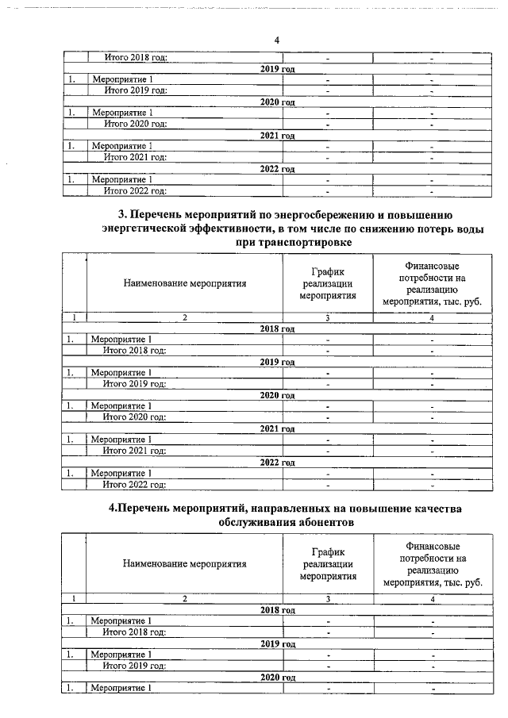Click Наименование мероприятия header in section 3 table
click(184, 282)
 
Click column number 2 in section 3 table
click(184, 318)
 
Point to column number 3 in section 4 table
click(327, 599)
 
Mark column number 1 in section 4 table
click(74, 599)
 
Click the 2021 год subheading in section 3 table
click(277, 428)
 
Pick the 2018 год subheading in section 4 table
click(277, 609)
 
